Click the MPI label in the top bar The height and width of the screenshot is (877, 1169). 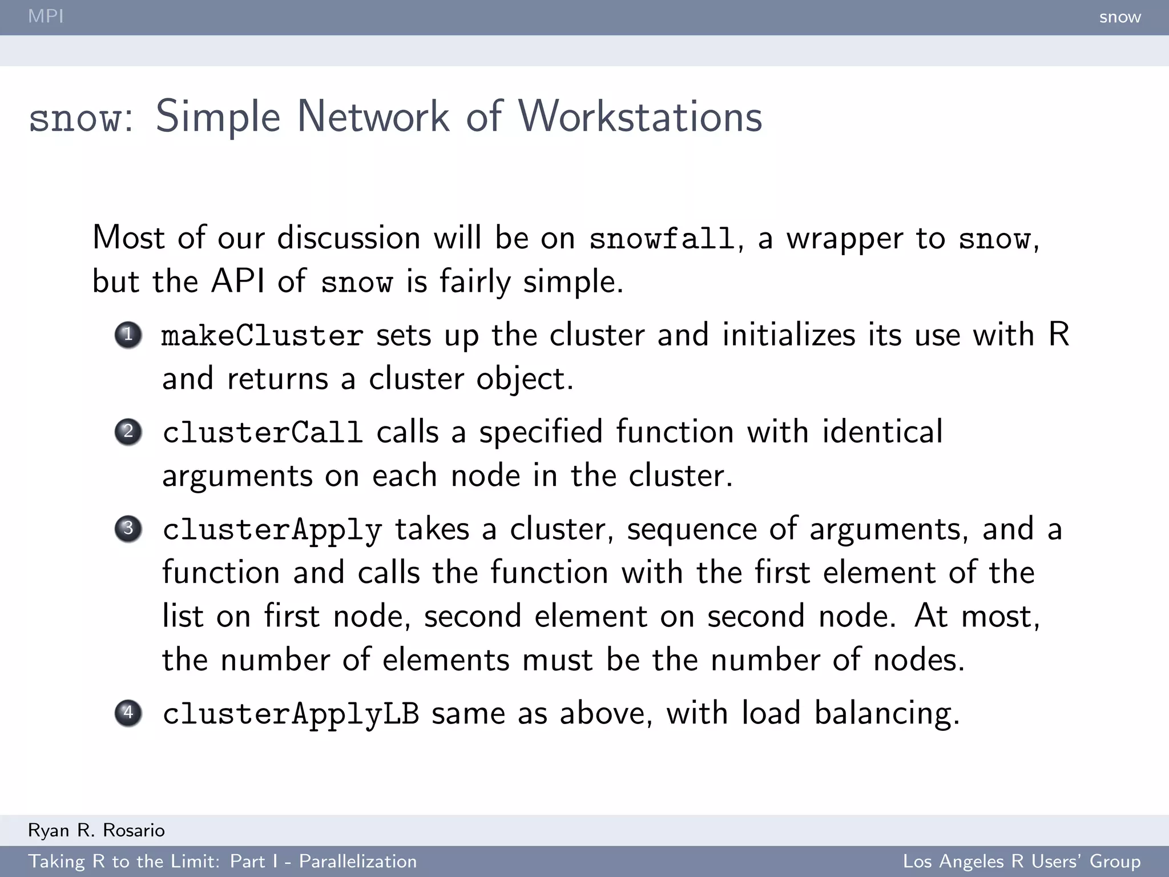click(46, 16)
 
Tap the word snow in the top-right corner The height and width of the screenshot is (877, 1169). click(1120, 17)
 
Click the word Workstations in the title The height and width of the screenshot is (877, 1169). click(640, 117)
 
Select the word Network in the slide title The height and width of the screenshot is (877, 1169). click(373, 117)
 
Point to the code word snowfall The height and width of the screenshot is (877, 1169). click(662, 239)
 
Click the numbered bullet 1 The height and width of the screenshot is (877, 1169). click(128, 335)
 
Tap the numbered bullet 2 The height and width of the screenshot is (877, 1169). click(128, 432)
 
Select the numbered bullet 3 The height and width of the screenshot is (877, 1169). click(128, 529)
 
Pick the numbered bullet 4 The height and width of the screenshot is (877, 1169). click(128, 713)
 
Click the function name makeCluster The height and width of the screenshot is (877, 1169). click(263, 336)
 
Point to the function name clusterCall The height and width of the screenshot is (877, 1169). click(263, 433)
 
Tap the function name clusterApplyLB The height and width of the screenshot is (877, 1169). click(291, 714)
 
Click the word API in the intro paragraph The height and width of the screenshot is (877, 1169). click(237, 281)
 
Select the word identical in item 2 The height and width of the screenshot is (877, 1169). click(882, 432)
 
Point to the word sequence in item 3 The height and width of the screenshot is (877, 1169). click(692, 530)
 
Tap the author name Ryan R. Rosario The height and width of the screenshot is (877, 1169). click(96, 830)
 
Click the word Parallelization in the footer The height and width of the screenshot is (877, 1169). click(358, 862)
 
